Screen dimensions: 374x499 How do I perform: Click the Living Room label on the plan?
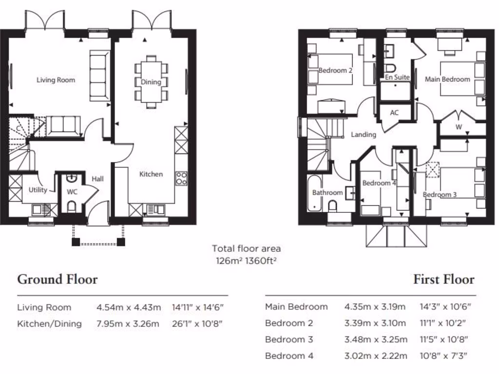coord(56,80)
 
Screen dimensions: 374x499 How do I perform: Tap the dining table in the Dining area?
coord(151,82)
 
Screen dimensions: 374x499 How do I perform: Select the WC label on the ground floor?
coord(72,191)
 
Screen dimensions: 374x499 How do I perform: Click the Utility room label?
coord(38,190)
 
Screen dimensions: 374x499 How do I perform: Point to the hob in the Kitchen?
coord(181,178)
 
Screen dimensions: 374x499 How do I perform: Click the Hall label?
coord(97,179)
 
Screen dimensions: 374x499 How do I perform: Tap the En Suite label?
coord(397,77)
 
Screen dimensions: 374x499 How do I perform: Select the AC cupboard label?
coord(394,112)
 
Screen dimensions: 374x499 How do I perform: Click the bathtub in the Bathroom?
coord(313,193)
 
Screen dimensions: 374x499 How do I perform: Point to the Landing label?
coord(364,134)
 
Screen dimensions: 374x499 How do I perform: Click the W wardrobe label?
coord(458,128)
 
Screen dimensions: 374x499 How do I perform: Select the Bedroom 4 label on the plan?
coord(379,183)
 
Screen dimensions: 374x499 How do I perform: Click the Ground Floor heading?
coord(58,280)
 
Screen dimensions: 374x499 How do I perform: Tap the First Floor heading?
coord(443,280)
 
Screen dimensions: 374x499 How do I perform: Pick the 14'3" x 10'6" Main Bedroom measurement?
coord(445,307)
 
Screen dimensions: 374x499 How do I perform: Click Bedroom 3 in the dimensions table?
coord(289,339)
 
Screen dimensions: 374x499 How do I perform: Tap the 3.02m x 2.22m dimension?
coord(375,356)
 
